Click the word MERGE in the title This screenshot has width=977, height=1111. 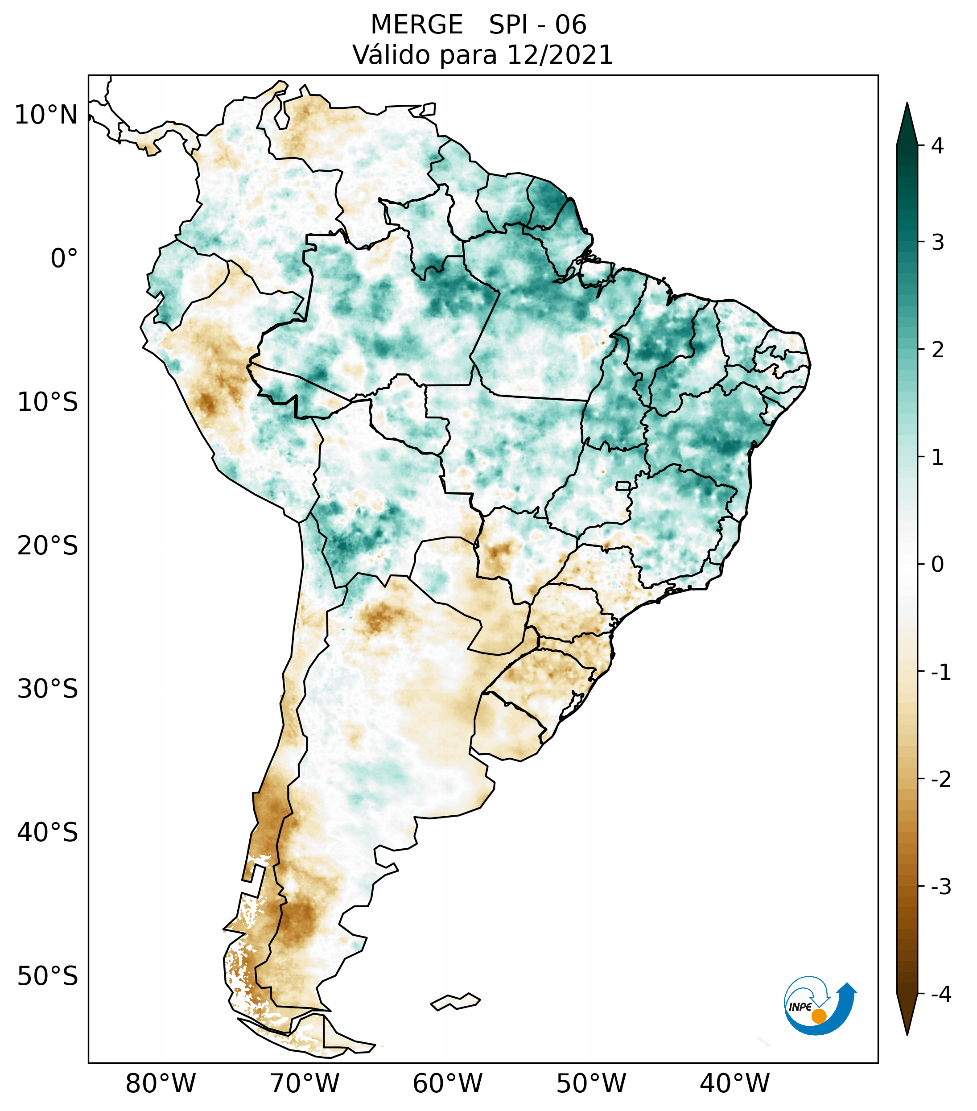(x=417, y=25)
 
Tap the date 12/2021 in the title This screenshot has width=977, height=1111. (x=560, y=55)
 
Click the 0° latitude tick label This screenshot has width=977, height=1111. (x=64, y=259)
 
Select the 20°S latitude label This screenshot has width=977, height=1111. (x=48, y=546)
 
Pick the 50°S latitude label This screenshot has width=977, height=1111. (x=48, y=976)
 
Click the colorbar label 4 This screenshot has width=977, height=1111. (x=937, y=146)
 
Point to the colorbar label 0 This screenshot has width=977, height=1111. (x=937, y=565)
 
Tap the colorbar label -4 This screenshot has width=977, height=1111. (x=940, y=995)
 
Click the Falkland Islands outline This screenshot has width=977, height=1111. (x=455, y=1002)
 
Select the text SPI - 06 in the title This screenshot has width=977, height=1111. (x=538, y=25)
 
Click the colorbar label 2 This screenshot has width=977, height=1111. (x=937, y=350)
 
